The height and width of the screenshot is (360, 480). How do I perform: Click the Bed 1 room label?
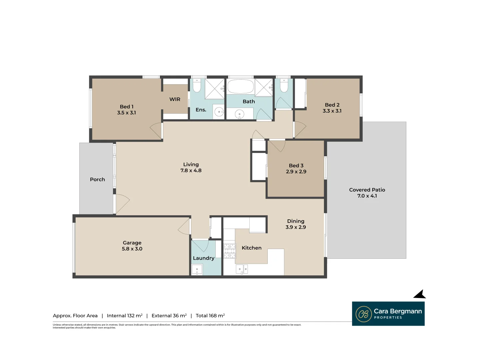point(127,107)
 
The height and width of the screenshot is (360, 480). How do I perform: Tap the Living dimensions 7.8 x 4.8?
point(191,171)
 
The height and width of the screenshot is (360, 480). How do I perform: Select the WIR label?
point(175,99)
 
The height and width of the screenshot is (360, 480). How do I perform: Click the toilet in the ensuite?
point(197,86)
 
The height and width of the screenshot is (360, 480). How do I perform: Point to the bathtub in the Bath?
point(240,87)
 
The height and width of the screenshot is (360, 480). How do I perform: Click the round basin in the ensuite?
point(219,112)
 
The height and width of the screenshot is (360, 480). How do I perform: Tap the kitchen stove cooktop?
point(229,251)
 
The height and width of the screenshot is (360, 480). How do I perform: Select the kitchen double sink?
point(242,269)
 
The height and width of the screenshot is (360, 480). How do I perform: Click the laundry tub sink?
point(197,269)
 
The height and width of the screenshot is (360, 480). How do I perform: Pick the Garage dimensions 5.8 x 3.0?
point(132,249)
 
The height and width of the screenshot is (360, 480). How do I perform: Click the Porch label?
point(97,179)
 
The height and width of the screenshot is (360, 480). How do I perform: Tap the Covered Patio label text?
point(367,190)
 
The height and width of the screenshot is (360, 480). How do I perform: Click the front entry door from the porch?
point(122,203)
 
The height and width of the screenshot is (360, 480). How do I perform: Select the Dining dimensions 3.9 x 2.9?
point(296,227)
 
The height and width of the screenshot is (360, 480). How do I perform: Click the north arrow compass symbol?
point(420,294)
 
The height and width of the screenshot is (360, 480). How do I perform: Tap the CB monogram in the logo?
point(363,314)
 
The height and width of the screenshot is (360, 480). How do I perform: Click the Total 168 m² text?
point(210,316)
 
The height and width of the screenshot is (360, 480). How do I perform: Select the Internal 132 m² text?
point(125,316)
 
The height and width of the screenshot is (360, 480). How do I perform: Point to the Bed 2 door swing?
point(300,130)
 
